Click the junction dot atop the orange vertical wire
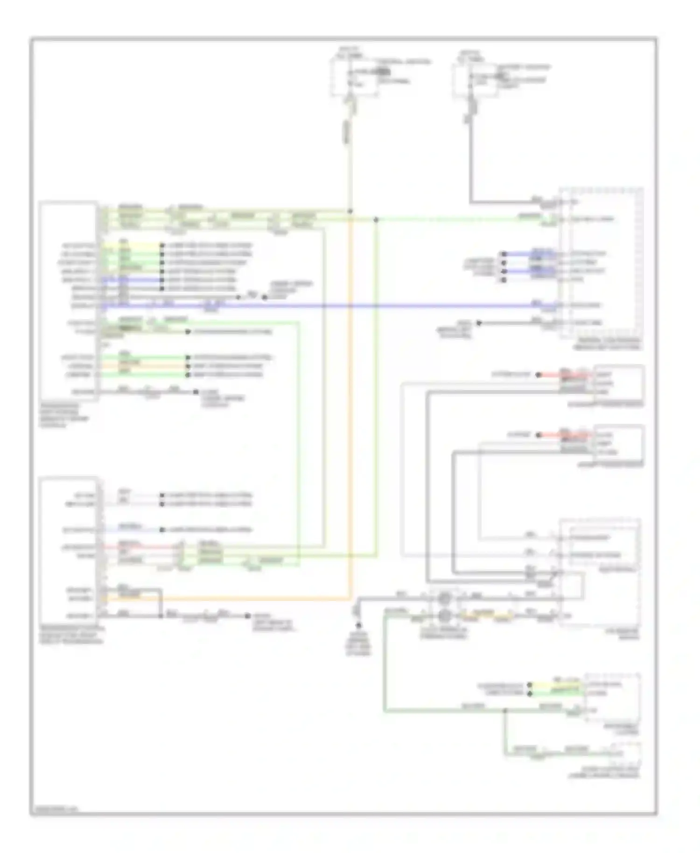tap(350, 211)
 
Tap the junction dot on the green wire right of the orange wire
tap(376, 219)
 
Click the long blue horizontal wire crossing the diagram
tap(327, 306)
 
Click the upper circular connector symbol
tap(445, 597)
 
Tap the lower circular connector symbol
tap(445, 616)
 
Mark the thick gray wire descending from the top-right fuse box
tap(470, 163)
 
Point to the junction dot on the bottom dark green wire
tap(504, 711)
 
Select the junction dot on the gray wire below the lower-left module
tap(161, 616)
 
